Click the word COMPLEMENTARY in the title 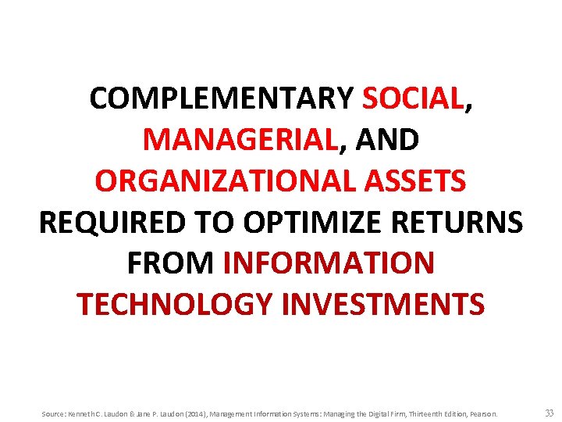click(222, 99)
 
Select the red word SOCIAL click(412, 99)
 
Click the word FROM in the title click(170, 263)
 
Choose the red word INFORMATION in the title click(328, 263)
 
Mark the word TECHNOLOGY click(176, 305)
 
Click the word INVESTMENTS click(383, 305)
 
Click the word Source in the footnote click(54, 413)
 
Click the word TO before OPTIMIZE click(222, 223)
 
